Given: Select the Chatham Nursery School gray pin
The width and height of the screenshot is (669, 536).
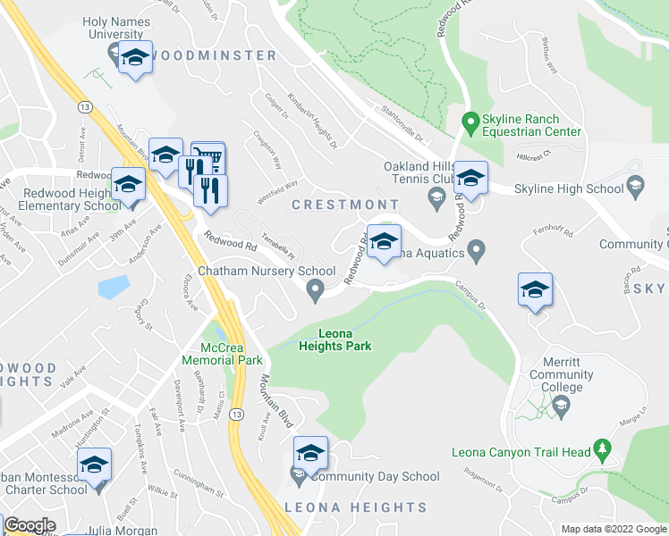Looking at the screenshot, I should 315,288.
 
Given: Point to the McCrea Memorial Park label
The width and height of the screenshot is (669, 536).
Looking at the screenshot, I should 220,354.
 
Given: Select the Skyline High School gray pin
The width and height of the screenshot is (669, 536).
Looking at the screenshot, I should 636,188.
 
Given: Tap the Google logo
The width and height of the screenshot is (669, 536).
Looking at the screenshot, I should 29,525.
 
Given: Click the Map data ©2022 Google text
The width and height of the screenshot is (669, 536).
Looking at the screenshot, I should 613,529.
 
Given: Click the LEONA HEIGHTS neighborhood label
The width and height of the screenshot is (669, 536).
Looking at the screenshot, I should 356,507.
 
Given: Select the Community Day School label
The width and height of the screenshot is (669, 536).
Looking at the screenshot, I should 375,477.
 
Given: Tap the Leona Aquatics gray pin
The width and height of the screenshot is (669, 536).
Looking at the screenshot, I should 476,248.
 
